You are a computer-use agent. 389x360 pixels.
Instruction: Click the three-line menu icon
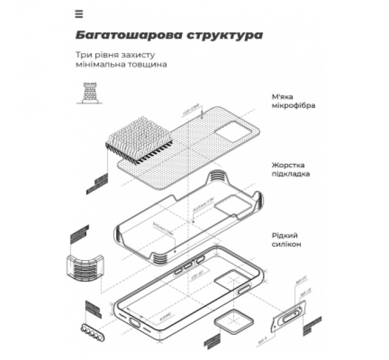pyautogui.click(x=79, y=14)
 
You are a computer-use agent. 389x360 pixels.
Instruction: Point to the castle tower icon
pyautogui.click(x=89, y=91)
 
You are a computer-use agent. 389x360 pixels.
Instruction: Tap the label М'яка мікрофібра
pyautogui.click(x=293, y=101)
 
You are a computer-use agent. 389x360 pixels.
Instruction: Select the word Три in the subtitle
pyautogui.click(x=82, y=55)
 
